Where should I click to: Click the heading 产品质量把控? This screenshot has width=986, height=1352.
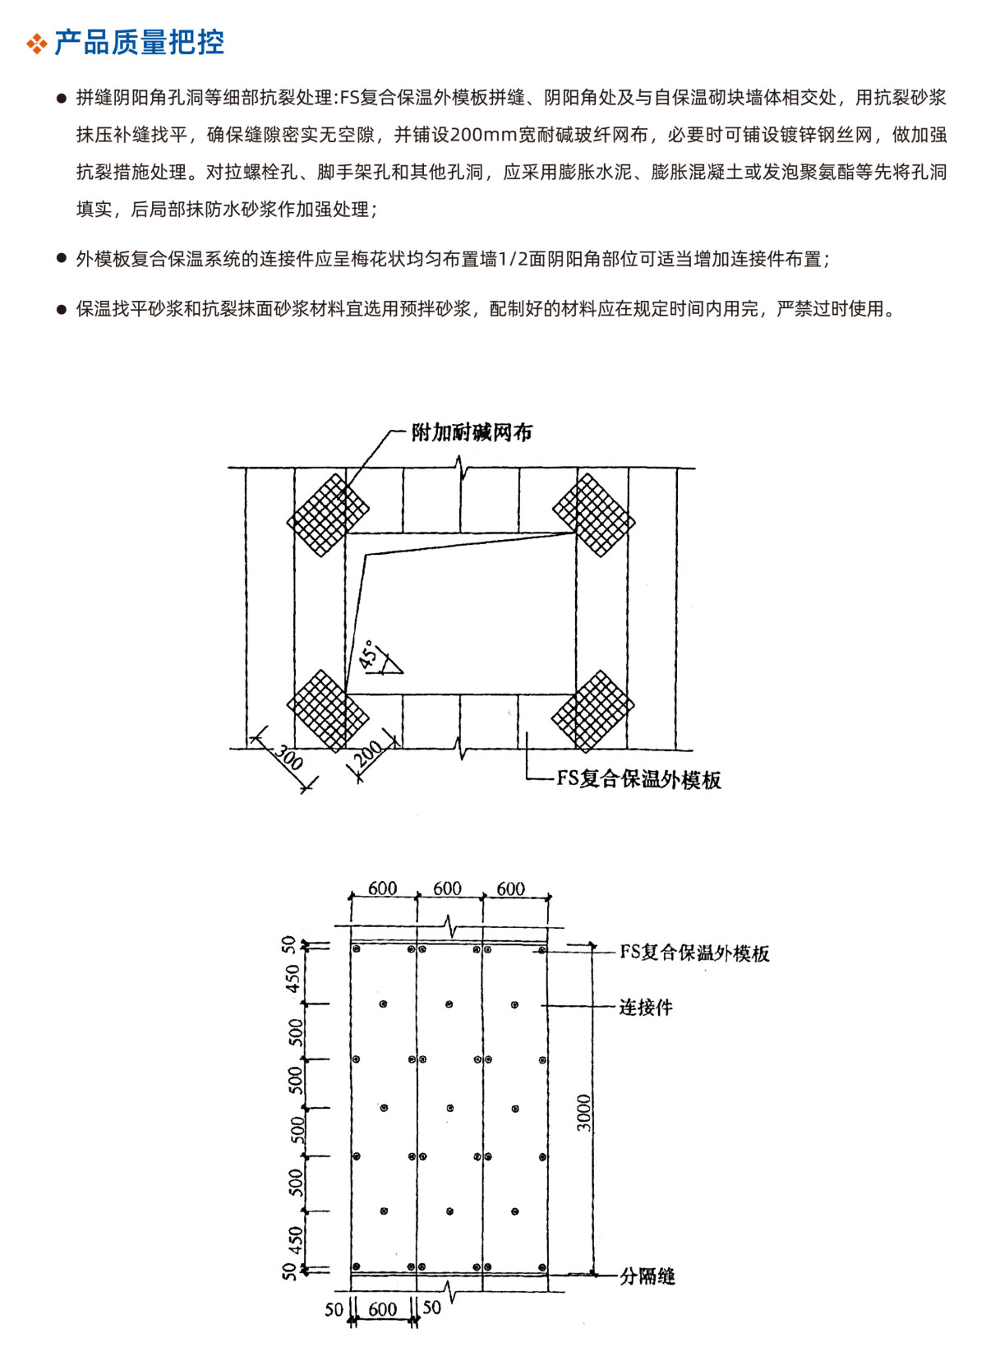coord(139,43)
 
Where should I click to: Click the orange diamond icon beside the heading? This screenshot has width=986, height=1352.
coord(37,44)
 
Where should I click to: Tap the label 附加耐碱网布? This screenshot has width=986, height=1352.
coord(472,432)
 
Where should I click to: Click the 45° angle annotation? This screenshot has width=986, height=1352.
coord(370,654)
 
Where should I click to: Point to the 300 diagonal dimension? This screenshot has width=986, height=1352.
coord(288,757)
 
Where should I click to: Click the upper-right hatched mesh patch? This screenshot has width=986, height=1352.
coord(593,515)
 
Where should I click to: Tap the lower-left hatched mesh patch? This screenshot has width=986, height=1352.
coord(328,710)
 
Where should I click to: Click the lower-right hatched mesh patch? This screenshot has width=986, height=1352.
coord(592,712)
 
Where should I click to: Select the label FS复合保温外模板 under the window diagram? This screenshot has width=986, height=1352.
coord(638,779)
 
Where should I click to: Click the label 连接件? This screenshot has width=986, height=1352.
coord(646,1007)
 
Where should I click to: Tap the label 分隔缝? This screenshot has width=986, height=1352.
coord(647,1276)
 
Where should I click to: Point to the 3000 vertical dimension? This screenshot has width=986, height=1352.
coord(583,1113)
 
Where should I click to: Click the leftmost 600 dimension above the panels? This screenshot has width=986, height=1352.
coord(383,888)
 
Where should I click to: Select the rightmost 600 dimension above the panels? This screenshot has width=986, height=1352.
coord(510,888)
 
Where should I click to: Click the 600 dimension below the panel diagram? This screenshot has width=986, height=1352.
coord(383,1309)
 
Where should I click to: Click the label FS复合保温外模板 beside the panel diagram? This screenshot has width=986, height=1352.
coord(694,953)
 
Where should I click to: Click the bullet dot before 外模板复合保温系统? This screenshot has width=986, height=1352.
coord(61,259)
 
